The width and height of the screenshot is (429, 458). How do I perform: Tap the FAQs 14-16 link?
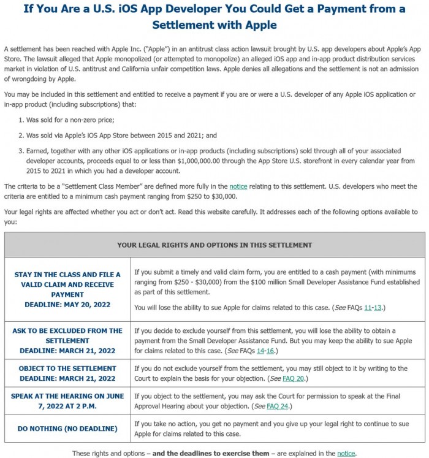pos(267,351)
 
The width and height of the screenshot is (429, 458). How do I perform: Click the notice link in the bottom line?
pos(346,453)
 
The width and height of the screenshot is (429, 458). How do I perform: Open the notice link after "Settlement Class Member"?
pos(238,186)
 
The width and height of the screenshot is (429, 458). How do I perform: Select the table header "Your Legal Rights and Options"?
pos(214,245)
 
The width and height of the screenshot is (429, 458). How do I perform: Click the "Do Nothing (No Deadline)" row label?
pos(67,428)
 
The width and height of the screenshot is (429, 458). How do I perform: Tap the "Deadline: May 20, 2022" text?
pos(67,304)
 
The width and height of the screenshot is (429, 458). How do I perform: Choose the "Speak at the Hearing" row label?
pos(67,395)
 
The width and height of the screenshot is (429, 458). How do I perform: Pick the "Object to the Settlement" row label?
pos(67,368)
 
